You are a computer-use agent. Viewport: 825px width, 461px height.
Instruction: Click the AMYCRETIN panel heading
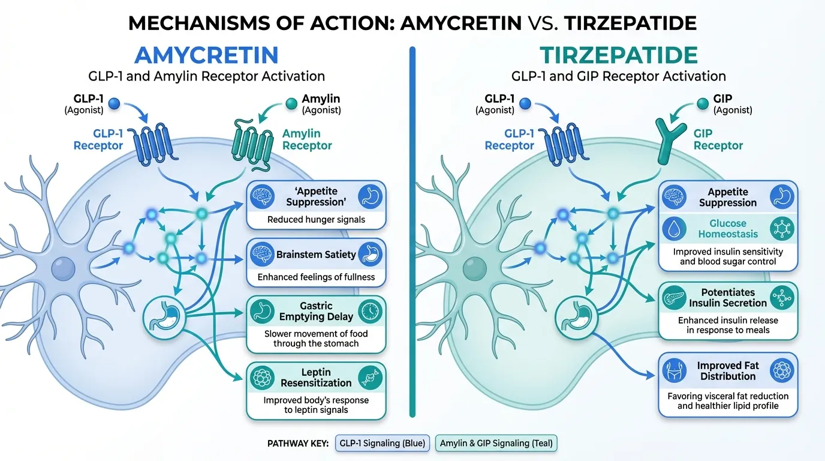206,55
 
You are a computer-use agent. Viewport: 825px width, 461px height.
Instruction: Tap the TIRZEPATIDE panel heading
618,55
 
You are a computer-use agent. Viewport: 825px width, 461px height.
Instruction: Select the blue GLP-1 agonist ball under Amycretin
114,104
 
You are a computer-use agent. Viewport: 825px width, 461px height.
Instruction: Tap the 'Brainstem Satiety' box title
316,255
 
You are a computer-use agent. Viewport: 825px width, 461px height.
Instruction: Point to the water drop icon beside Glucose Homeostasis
675,229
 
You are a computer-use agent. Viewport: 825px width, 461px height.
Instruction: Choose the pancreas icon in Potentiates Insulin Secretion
675,297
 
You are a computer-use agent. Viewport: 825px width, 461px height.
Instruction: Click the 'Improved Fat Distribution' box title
727,371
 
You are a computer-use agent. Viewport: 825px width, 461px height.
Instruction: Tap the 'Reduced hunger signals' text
316,220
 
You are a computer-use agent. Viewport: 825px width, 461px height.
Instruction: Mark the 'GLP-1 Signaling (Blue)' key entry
383,444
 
